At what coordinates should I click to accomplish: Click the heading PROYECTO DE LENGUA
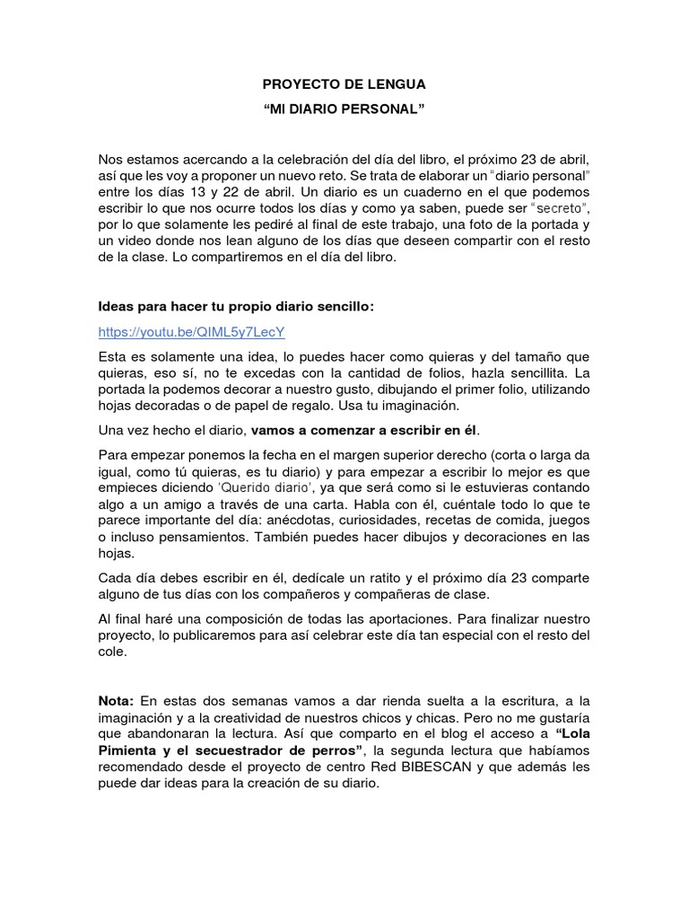(344, 84)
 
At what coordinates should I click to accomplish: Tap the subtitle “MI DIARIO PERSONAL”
(344, 109)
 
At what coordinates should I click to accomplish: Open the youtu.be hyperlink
(191, 332)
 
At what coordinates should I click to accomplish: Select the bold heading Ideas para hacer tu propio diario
(235, 307)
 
